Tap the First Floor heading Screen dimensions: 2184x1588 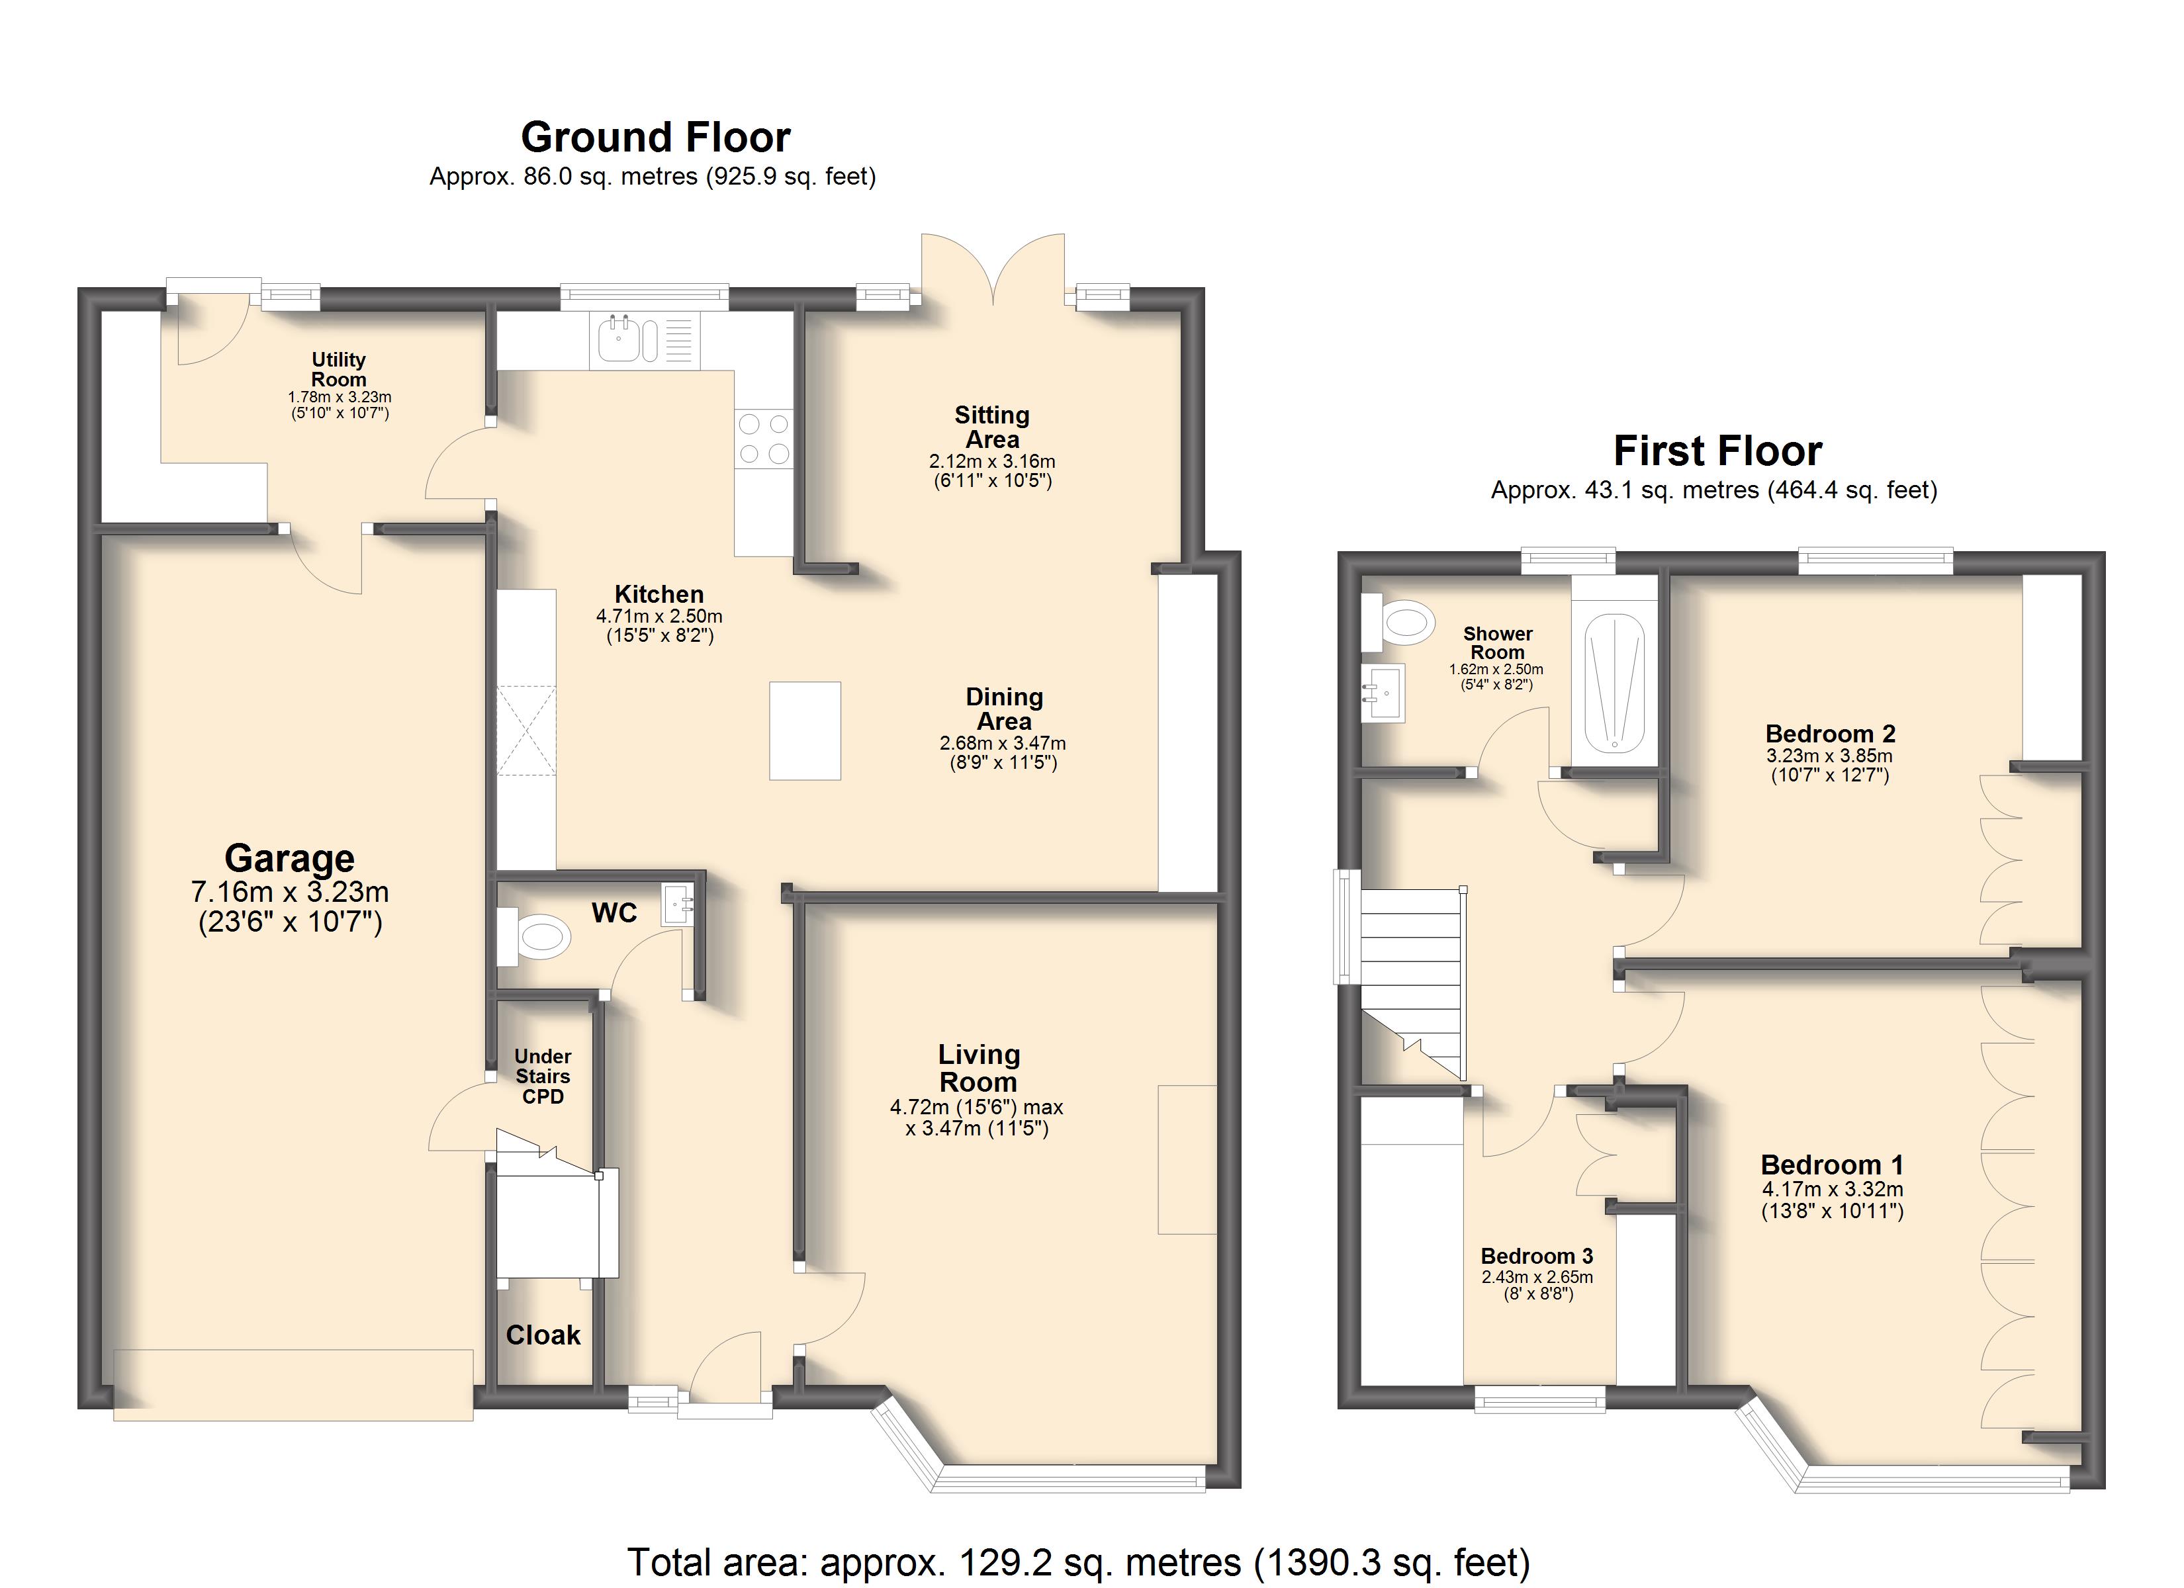coord(1718,451)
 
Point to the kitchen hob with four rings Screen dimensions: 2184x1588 coord(764,438)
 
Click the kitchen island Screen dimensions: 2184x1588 coord(805,731)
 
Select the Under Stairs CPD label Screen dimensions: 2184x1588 coord(543,1077)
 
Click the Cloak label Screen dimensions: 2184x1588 coord(543,1335)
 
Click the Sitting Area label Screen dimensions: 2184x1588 coord(992,427)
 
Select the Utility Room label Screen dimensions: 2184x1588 coord(339,369)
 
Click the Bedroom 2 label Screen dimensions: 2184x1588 coord(1831,734)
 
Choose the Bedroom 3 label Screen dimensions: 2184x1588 coord(1537,1256)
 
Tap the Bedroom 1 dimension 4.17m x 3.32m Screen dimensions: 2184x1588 coord(1833,1189)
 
